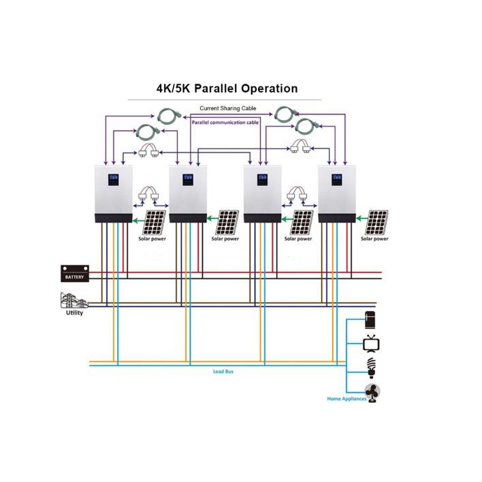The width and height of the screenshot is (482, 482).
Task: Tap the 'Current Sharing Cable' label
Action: tap(227, 108)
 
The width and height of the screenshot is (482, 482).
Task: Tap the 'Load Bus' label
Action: tap(225, 372)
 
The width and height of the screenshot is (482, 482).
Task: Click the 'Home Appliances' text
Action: tap(347, 398)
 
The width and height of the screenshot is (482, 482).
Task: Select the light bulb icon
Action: tap(372, 367)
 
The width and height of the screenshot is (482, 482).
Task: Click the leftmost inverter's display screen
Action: tap(113, 182)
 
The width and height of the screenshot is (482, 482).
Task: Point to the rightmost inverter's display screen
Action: tap(336, 181)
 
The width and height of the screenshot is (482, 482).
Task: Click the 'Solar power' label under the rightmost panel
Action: tap(375, 239)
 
